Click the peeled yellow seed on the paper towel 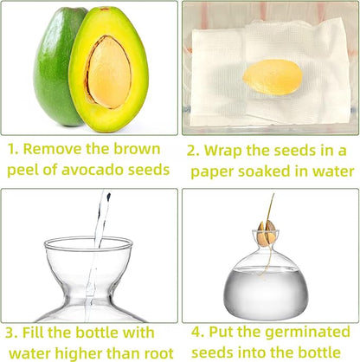pos(273,77)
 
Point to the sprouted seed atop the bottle pos(267,234)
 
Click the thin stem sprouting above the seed pos(270,209)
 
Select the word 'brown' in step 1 pos(137,149)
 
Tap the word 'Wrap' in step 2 pos(222,151)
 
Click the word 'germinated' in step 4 pos(307,333)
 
